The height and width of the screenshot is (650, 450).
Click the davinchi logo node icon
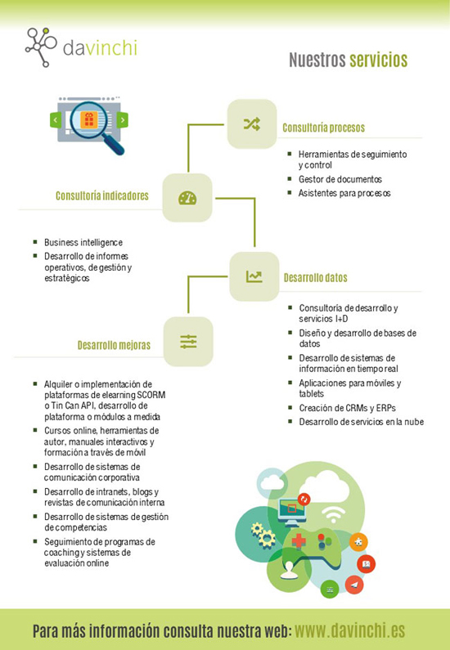pyautogui.click(x=41, y=47)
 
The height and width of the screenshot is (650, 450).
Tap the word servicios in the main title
pyautogui.click(x=378, y=60)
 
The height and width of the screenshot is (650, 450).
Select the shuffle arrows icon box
pyautogui.click(x=252, y=123)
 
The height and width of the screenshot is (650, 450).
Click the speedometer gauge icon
pyautogui.click(x=187, y=198)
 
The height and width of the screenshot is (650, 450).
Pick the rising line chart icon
pyautogui.click(x=254, y=276)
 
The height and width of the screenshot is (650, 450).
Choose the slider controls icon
pyautogui.click(x=188, y=342)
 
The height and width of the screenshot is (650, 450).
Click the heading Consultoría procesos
pyautogui.click(x=323, y=128)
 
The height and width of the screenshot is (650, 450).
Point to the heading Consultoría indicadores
pyautogui.click(x=102, y=195)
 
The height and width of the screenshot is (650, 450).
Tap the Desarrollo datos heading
pyautogui.click(x=315, y=277)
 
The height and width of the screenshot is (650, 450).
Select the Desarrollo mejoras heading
pyautogui.click(x=114, y=345)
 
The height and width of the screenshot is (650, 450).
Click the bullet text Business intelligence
pyautogui.click(x=83, y=242)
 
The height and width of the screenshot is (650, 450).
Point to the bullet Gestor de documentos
pyautogui.click(x=340, y=179)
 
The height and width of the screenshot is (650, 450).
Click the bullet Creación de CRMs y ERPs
pyautogui.click(x=347, y=408)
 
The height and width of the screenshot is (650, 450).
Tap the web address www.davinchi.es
pyautogui.click(x=349, y=630)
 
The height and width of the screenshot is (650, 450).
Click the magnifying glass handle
pyautogui.click(x=115, y=145)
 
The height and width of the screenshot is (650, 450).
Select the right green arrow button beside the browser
pyautogui.click(x=122, y=120)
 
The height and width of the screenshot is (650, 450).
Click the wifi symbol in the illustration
pyautogui.click(x=333, y=514)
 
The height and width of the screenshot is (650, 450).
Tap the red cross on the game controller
pyautogui.click(x=299, y=541)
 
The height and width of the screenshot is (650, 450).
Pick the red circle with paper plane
pyautogui.click(x=354, y=585)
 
